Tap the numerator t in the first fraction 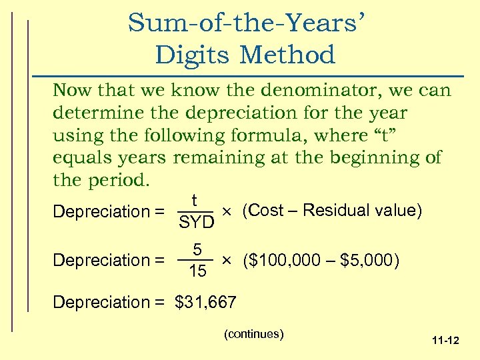point(194,201)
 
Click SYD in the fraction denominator point(196,223)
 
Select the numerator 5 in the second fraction point(197,249)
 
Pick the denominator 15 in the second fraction point(197,271)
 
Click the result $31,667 point(205,303)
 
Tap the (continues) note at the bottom point(255,333)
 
